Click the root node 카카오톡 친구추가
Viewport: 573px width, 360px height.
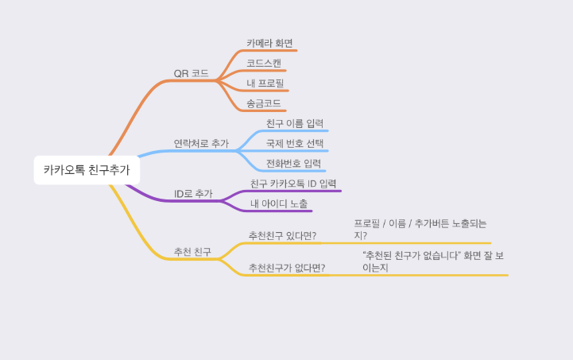87,169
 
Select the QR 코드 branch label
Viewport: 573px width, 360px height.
191,74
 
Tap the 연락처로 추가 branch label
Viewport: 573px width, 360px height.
201,144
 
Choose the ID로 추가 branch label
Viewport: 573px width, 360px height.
193,193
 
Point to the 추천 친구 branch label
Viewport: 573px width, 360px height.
192,252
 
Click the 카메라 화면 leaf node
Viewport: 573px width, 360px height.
270,43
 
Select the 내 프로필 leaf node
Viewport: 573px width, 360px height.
265,83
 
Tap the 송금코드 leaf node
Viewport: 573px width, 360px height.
263,103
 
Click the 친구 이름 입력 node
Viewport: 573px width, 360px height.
295,123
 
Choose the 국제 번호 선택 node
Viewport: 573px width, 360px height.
295,144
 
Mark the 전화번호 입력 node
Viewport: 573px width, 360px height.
294,164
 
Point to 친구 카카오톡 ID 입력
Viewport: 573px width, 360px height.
293,184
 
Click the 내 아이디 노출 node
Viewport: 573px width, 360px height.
279,204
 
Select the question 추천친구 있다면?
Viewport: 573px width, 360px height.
282,236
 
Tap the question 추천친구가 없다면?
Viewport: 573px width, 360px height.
287,268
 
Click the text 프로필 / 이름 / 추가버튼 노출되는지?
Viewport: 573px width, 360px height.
420,230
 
